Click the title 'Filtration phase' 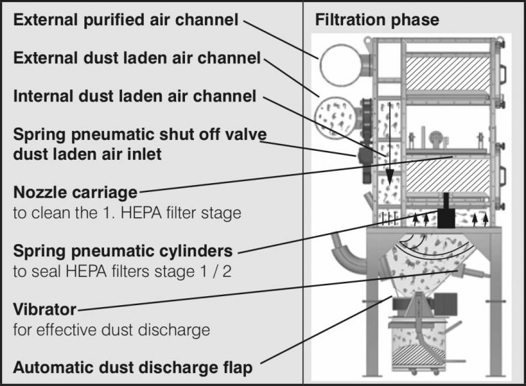pyautogui.click(x=377, y=20)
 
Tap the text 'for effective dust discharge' pyautogui.click(x=111, y=330)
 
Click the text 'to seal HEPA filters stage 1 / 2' pyautogui.click(x=122, y=272)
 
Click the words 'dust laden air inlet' pyautogui.click(x=88, y=154)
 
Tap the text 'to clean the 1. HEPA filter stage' pyautogui.click(x=127, y=213)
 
